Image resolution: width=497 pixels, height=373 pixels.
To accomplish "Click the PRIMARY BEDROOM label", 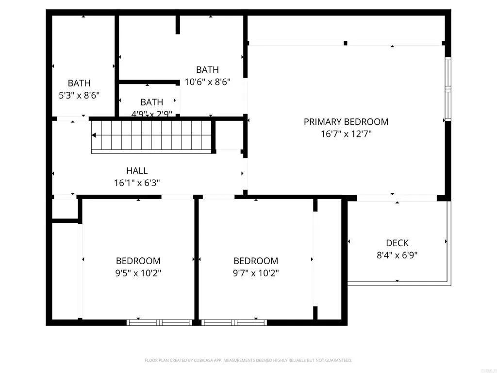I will coord(346,122).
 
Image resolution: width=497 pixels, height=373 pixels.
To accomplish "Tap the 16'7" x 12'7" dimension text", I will coord(346,134).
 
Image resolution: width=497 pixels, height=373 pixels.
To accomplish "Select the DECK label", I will coord(397,243).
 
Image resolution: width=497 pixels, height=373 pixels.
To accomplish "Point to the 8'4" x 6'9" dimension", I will coord(397,255).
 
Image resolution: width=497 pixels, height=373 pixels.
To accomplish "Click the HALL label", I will coord(137,170).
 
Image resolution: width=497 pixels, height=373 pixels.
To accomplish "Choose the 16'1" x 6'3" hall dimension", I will coord(137,183).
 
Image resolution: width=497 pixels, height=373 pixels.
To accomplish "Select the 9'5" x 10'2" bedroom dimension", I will coord(138,273).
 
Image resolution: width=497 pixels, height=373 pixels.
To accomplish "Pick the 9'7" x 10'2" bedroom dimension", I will coord(256,273).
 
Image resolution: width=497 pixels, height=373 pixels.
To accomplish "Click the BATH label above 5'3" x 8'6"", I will coord(79,83).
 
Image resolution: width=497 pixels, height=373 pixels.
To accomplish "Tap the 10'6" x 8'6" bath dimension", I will coord(207,82).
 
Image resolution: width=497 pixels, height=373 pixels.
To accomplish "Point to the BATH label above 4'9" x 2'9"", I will coord(151,102).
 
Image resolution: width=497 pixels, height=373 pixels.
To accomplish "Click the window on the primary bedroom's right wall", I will coord(447,89).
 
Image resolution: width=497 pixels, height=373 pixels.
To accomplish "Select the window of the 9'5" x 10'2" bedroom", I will coord(160,322).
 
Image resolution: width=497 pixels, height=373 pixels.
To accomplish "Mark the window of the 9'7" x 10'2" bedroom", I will coord(234,322).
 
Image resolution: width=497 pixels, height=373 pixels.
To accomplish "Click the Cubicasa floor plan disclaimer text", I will coord(248,360).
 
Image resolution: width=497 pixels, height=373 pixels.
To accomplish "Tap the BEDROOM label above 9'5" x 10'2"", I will coord(138,261).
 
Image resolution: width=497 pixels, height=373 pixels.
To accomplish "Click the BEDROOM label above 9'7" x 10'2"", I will coord(256,261).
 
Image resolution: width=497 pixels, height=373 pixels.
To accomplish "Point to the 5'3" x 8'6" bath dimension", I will coord(79,95).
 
